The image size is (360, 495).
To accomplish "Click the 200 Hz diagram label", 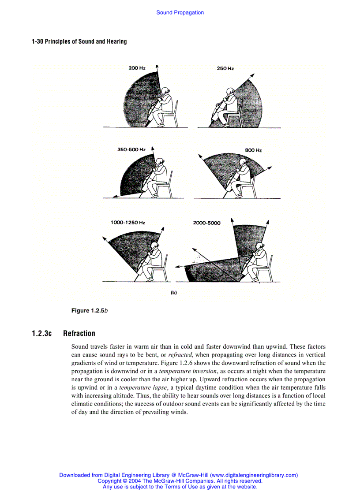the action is click(137, 68).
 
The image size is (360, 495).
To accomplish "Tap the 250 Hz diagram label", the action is click(225, 69).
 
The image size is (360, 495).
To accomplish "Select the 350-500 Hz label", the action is click(131, 150).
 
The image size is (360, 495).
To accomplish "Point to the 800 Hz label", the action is click(253, 150).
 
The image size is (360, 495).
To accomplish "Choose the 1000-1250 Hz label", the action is click(128, 223).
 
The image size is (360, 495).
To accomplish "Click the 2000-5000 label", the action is click(206, 223).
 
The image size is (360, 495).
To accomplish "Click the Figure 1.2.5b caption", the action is click(90, 311).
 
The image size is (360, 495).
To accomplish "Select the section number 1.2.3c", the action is click(41, 333).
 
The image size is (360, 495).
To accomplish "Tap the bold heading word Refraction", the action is click(79, 333).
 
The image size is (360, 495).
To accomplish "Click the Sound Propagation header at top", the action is click(180, 13).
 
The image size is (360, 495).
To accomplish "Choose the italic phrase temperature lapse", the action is click(142, 387).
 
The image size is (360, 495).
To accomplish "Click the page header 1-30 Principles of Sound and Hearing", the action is click(79, 41).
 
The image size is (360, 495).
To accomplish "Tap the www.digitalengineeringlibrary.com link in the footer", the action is click(254, 475).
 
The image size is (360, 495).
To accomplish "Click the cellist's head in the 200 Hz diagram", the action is click(166, 91).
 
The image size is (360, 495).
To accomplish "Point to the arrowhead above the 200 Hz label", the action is click(157, 67).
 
